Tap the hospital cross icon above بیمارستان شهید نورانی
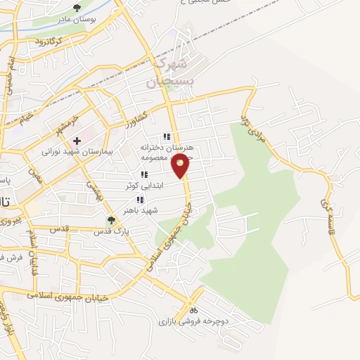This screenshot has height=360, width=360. [77, 141]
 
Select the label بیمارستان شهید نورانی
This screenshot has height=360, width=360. [68, 151]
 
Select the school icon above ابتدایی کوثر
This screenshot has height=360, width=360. [143, 174]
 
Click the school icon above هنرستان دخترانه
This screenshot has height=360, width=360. [167, 137]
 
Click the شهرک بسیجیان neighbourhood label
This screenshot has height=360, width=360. [167, 72]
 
